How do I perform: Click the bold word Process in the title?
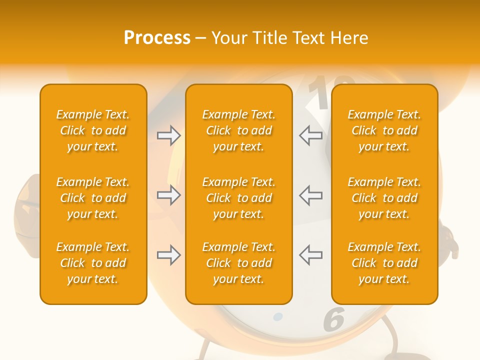point(157,38)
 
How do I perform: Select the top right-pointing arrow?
point(169,135)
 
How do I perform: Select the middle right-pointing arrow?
point(169,195)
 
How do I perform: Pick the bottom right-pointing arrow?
point(169,255)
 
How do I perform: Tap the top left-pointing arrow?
point(311,135)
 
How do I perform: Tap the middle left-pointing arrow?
point(311,195)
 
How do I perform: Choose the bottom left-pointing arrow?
point(311,255)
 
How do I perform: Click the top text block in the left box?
point(93,130)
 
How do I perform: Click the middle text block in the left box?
point(93,198)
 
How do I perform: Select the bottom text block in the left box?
point(93,263)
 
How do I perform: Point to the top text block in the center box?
point(238,130)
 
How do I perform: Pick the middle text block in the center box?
point(238,198)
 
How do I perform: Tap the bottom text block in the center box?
point(238,263)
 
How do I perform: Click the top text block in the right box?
point(384,130)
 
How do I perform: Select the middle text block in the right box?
point(384,198)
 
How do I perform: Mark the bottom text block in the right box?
point(384,263)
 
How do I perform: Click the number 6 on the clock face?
point(334,319)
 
